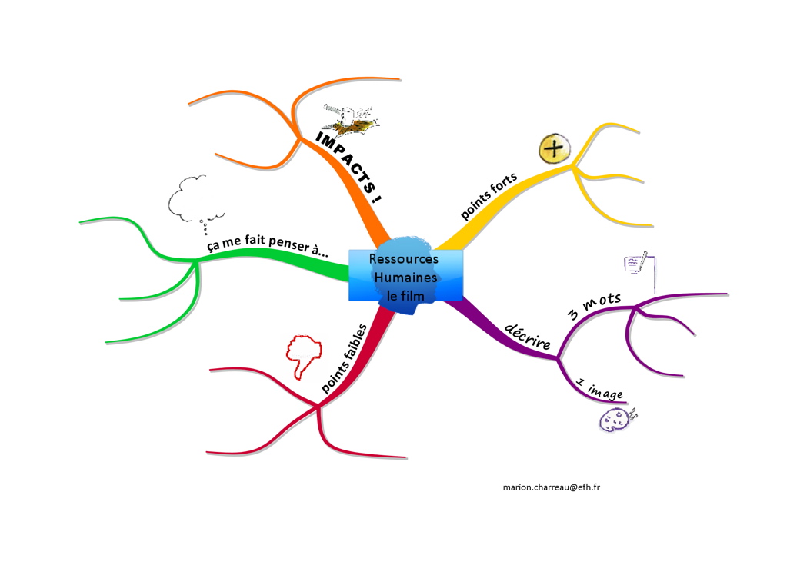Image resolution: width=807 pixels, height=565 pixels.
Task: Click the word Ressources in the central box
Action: [x=403, y=260]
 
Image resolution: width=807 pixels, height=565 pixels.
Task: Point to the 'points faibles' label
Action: [x=344, y=360]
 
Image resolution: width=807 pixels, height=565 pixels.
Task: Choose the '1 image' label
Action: [x=599, y=389]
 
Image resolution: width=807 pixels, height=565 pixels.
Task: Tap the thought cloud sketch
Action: [x=195, y=200]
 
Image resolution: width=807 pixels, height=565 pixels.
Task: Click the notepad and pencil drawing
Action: [x=639, y=263]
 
